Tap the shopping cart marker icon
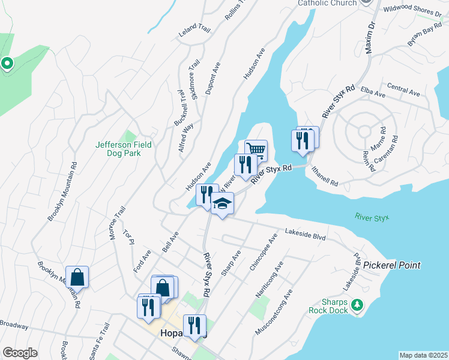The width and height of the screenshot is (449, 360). (x=256, y=149)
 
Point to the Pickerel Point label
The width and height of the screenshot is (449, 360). (x=392, y=265)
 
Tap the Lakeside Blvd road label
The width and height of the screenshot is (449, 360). (x=304, y=233)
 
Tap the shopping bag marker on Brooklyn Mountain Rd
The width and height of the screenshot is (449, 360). (x=77, y=277)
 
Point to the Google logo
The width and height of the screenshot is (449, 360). (x=20, y=353)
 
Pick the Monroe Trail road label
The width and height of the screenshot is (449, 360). (x=116, y=223)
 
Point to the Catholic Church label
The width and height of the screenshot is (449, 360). (x=327, y=3)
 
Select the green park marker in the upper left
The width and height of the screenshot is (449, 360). (x=7, y=62)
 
